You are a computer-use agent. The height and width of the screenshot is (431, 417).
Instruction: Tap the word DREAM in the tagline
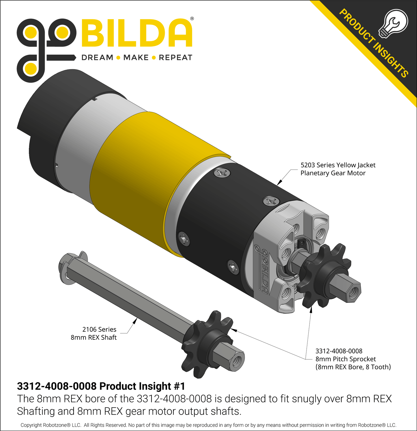97,57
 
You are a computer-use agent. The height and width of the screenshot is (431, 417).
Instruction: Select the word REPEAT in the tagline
175,57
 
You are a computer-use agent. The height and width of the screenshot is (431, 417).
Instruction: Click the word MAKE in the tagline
136,57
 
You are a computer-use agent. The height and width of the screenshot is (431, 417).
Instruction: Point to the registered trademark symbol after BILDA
192,19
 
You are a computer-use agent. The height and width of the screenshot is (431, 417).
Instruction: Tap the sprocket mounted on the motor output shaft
323,274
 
